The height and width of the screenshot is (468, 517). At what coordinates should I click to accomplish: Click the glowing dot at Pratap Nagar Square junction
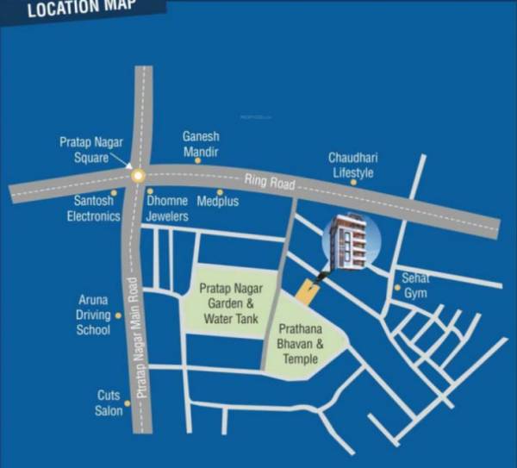pyautogui.click(x=137, y=176)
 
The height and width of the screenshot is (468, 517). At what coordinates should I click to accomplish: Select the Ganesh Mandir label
pyautogui.click(x=201, y=144)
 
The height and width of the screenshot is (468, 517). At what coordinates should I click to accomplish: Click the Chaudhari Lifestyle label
pyautogui.click(x=352, y=165)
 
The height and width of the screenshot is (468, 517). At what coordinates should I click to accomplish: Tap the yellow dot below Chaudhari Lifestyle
pyautogui.click(x=353, y=183)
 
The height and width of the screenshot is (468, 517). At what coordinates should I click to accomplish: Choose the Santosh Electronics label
pyautogui.click(x=94, y=209)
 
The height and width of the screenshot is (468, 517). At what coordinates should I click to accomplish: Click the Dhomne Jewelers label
pyautogui.click(x=167, y=209)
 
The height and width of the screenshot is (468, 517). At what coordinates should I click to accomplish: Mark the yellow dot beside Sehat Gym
pyautogui.click(x=397, y=287)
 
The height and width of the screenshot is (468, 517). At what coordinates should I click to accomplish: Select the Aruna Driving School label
pyautogui.click(x=93, y=315)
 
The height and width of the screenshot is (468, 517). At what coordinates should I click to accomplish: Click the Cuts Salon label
pyautogui.click(x=109, y=403)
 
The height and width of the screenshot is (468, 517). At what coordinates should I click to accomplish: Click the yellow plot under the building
pyautogui.click(x=306, y=290)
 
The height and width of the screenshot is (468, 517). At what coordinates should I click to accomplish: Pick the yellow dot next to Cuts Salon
pyautogui.click(x=128, y=402)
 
